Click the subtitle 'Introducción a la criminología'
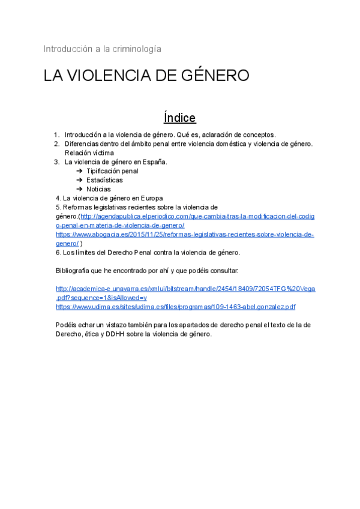click(102, 49)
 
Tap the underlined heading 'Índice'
click(179, 117)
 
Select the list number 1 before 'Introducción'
click(56, 135)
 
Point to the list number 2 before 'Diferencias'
click(56, 144)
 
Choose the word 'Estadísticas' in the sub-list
click(104, 180)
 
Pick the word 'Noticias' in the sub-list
click(98, 189)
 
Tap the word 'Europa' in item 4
click(152, 198)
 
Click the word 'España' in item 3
click(152, 162)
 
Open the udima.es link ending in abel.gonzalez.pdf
click(175, 307)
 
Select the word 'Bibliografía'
click(76, 271)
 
